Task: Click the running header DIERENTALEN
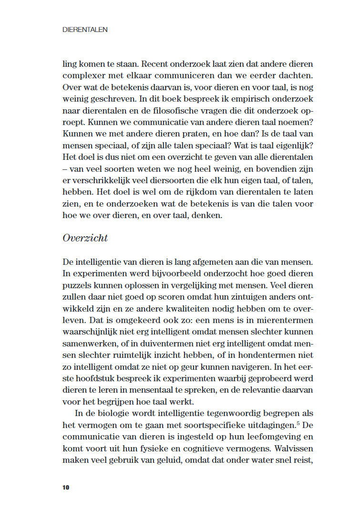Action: tap(85, 30)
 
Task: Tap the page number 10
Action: tap(66, 487)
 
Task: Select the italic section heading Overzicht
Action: tap(85, 238)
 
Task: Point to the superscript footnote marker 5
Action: tap(298, 421)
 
